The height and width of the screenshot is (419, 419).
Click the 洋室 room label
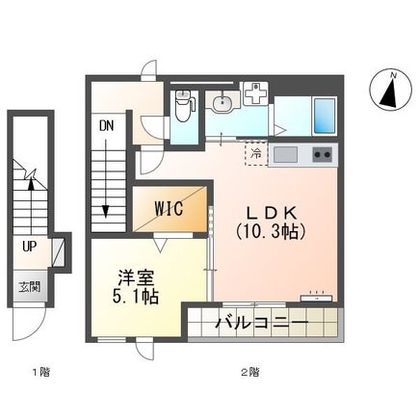coord(130,274)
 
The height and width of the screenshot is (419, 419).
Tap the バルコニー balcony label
coord(261,321)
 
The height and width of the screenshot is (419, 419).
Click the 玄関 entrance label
coord(28,286)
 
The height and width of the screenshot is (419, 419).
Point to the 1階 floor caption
coord(39,370)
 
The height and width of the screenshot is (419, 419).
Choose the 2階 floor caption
coord(252,370)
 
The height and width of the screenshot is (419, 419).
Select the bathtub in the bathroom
coord(324,116)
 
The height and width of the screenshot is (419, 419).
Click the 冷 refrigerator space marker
coord(256,152)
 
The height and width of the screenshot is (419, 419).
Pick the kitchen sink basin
coord(287,154)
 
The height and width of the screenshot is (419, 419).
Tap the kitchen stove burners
coord(322,154)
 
